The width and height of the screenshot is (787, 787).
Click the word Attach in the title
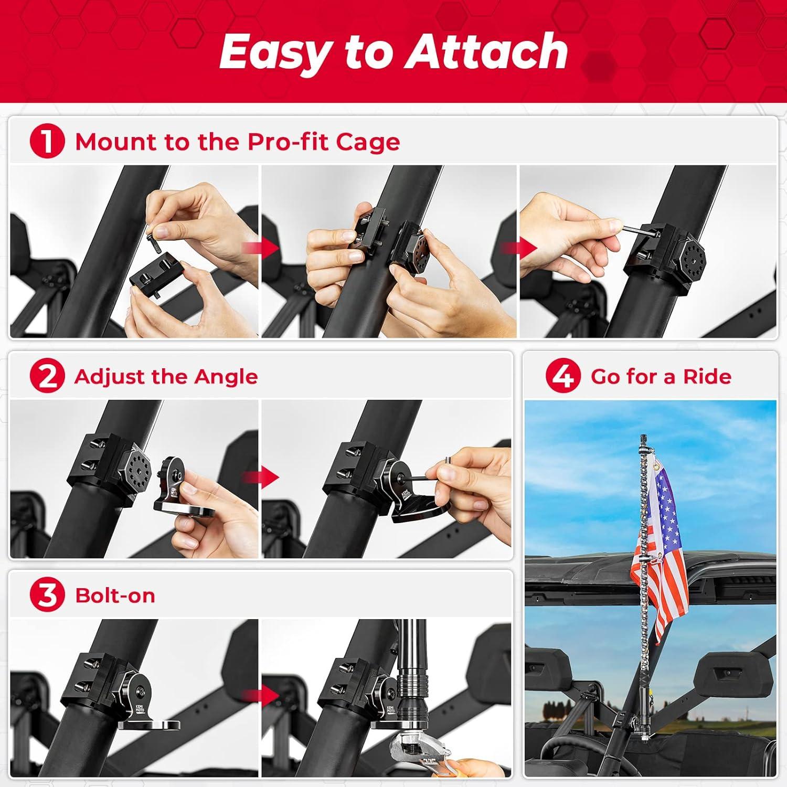coord(487,51)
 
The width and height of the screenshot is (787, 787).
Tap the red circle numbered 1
coord(47,142)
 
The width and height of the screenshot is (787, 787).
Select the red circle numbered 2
coord(47,376)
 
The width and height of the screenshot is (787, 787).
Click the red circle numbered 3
coord(47,595)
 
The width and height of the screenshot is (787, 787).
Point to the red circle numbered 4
coord(563,376)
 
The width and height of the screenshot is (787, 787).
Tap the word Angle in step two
coord(226,377)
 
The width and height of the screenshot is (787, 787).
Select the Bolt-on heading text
coord(115,595)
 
